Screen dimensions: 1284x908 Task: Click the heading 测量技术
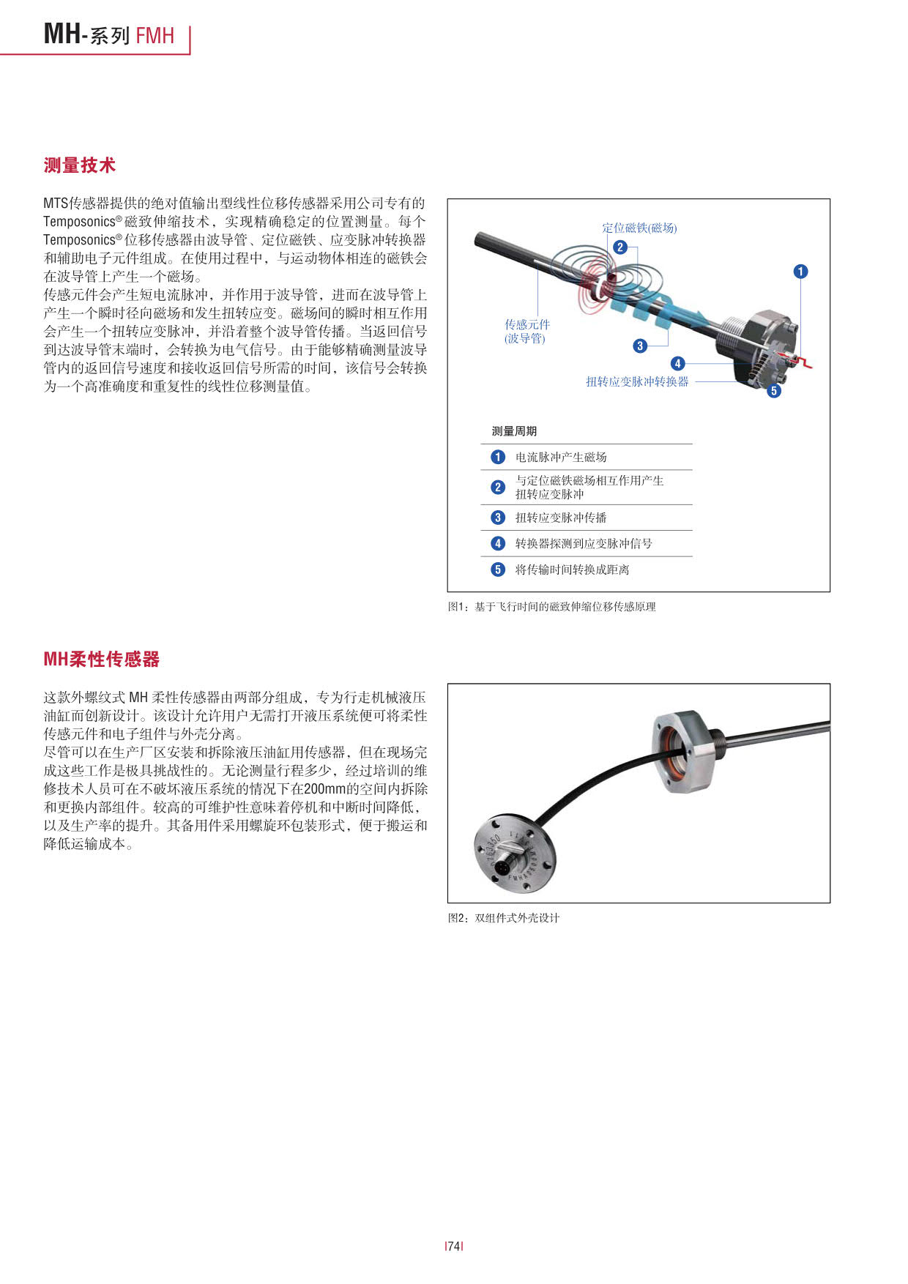(79, 165)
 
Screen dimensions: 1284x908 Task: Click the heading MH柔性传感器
(101, 659)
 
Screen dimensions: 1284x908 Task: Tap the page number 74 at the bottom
(454, 1246)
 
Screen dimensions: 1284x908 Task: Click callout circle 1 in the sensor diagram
(800, 272)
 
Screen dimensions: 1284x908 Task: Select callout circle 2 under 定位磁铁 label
(620, 247)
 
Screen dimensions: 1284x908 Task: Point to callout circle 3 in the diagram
(640, 346)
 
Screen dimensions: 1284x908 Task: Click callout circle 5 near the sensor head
(774, 391)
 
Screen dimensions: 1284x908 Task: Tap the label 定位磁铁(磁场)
(639, 228)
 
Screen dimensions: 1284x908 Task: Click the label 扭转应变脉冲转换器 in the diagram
(637, 381)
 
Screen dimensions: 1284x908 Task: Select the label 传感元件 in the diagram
(527, 324)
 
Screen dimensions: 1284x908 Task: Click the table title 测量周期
(514, 431)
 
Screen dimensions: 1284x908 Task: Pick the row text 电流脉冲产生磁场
(561, 457)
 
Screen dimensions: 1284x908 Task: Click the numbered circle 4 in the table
(498, 543)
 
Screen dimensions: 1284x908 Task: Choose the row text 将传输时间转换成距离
(572, 570)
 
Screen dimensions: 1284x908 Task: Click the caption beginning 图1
(551, 607)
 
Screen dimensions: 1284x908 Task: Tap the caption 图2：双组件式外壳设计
(504, 918)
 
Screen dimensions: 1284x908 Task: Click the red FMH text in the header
(155, 35)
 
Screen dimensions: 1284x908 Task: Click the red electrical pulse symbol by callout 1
(803, 362)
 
